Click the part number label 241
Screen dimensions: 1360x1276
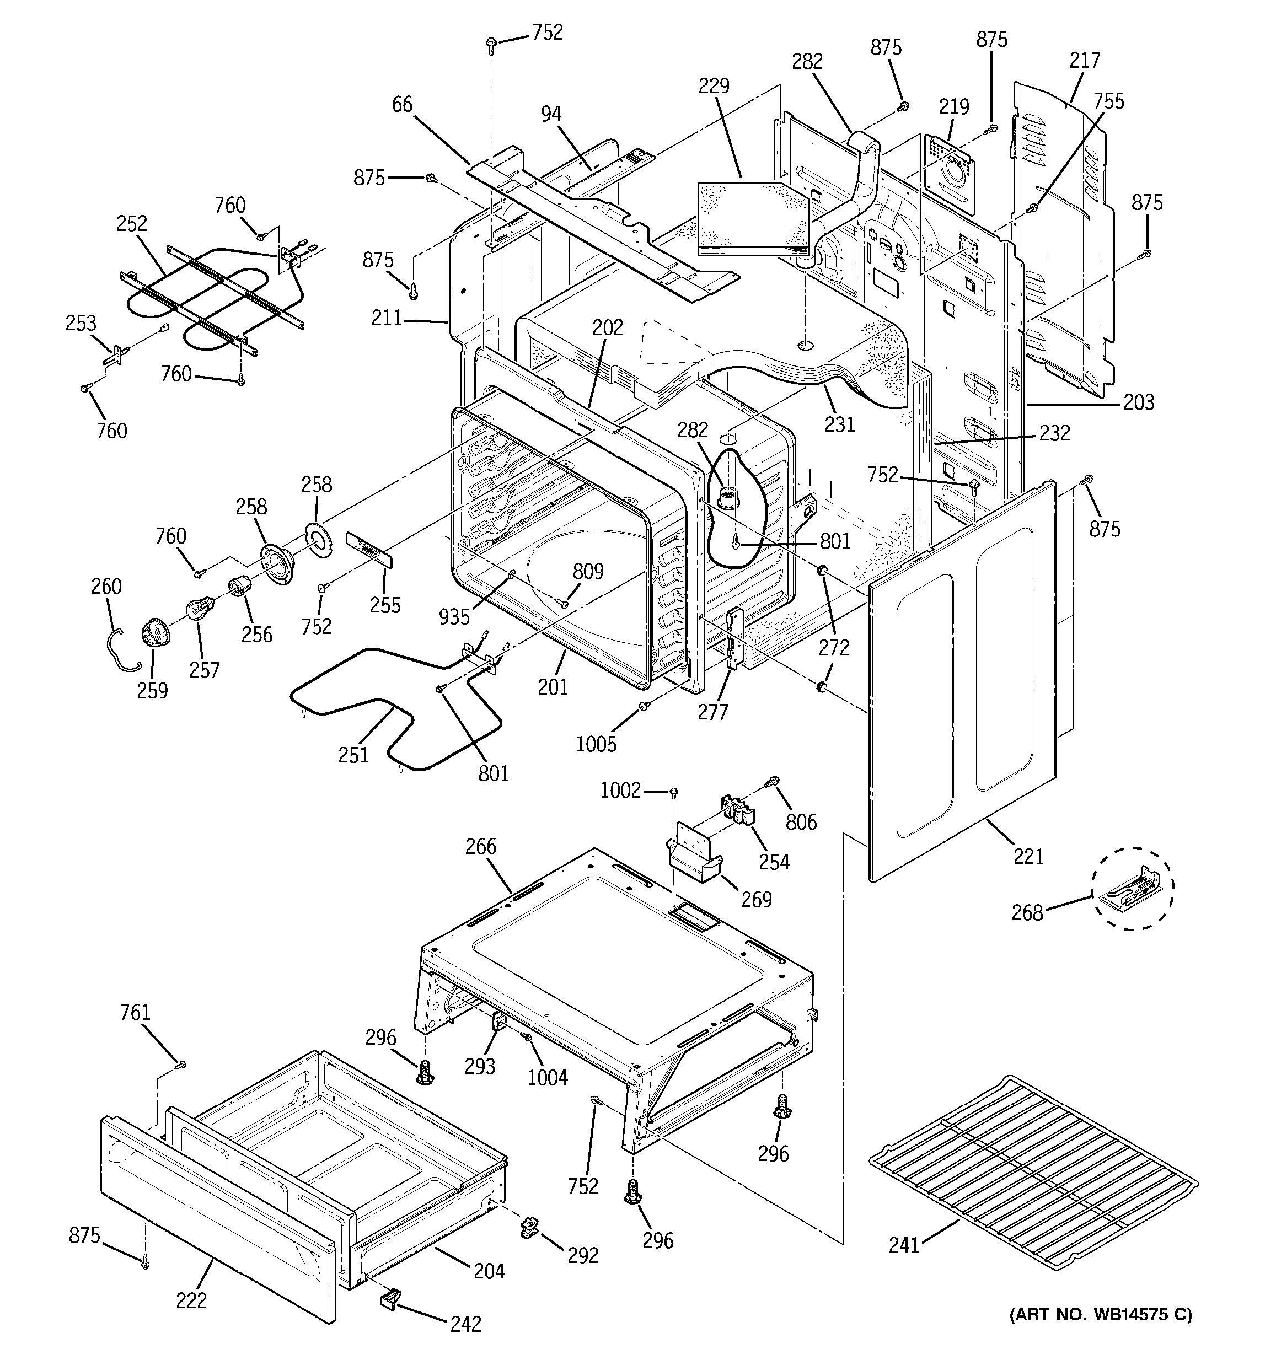[903, 1246]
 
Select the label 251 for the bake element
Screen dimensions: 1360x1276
[353, 755]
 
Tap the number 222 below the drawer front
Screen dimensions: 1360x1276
[191, 1300]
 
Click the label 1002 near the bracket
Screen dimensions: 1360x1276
[620, 791]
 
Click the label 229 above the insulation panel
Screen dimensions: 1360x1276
[714, 86]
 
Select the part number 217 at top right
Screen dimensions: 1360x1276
[1085, 60]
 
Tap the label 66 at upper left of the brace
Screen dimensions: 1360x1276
[403, 104]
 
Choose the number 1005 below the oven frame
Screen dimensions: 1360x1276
[596, 744]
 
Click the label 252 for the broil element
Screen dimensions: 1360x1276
[131, 224]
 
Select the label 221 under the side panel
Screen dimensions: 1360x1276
[1028, 856]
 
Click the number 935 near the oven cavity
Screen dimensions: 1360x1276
[454, 617]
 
